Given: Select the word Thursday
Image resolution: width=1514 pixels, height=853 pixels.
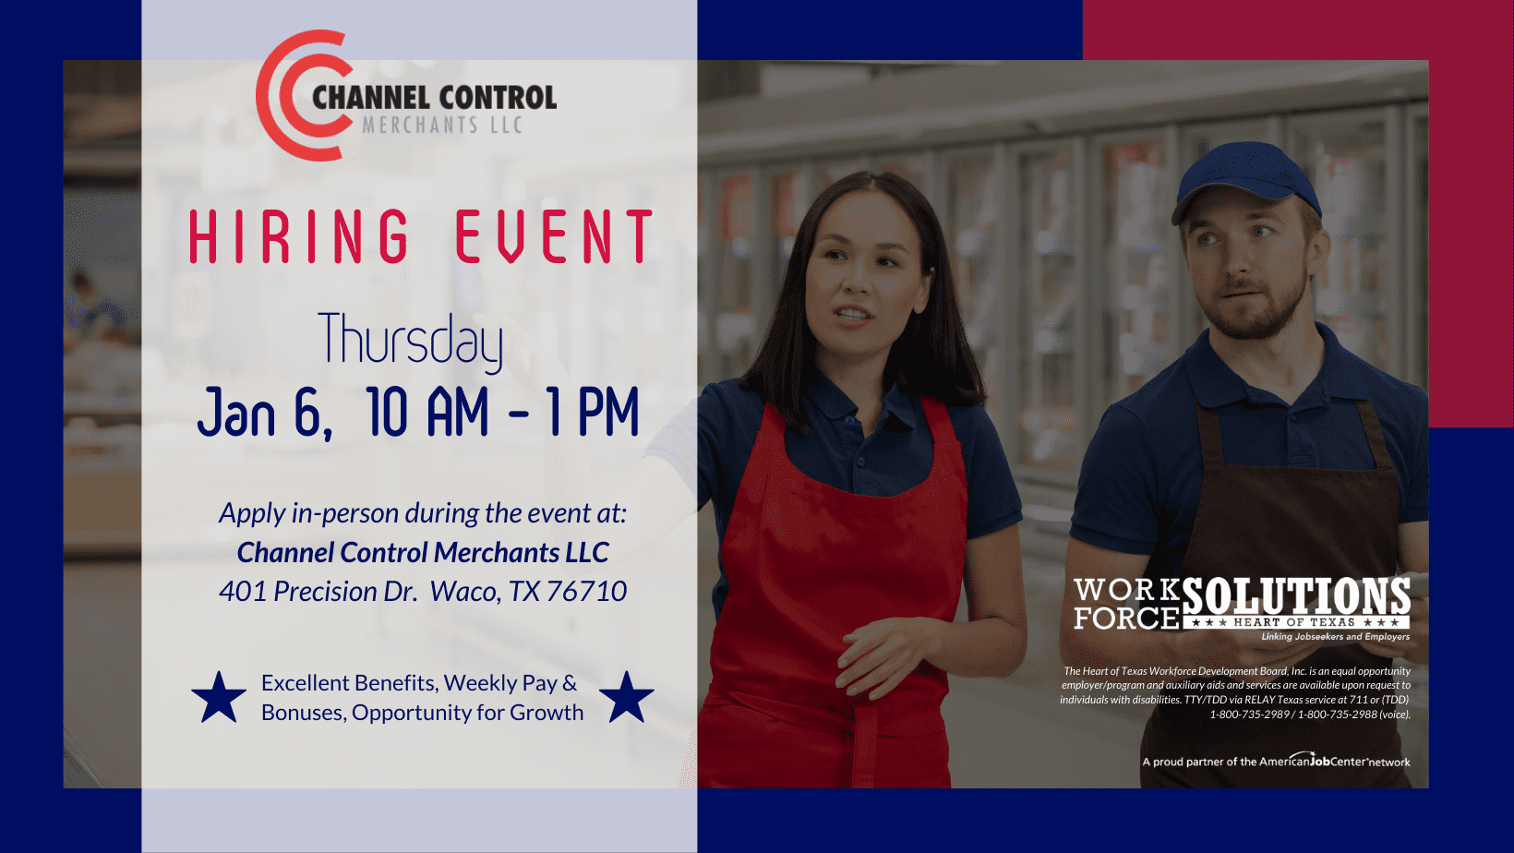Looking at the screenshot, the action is [410, 342].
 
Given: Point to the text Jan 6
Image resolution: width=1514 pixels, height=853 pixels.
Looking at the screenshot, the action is [265, 413].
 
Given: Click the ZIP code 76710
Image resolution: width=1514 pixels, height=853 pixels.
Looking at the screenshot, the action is [586, 592].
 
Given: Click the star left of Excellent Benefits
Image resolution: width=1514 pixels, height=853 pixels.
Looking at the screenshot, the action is [218, 698].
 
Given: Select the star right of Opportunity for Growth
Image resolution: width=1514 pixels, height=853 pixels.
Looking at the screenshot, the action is [627, 698].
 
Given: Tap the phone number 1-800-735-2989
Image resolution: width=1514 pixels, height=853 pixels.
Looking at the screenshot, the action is [1249, 715].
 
